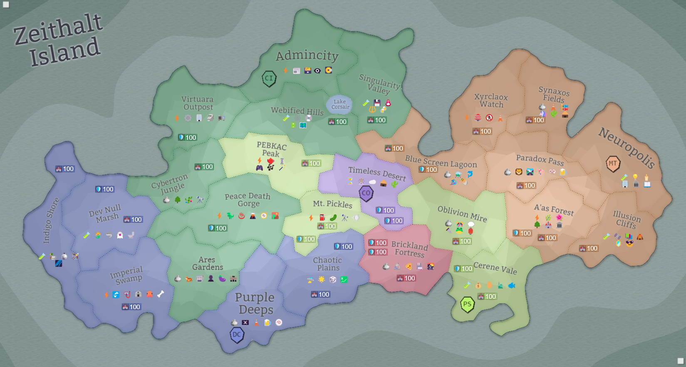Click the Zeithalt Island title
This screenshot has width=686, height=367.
tap(58, 40)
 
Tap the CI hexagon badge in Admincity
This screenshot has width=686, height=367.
tap(269, 78)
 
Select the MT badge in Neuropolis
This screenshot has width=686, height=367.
tap(613, 164)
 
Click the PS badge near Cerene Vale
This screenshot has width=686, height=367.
tap(467, 304)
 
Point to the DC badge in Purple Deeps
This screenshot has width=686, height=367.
tap(237, 335)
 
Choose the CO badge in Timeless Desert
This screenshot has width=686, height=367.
tap(366, 193)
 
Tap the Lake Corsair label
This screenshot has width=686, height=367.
tap(340, 104)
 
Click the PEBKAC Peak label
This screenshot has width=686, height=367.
tap(271, 149)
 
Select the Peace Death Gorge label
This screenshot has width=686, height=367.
tap(248, 200)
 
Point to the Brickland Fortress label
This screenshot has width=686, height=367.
tap(409, 249)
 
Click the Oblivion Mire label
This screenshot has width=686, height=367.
tap(462, 214)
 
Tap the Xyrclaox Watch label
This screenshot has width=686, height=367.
tap(491, 101)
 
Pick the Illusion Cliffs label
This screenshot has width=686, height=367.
tap(627, 219)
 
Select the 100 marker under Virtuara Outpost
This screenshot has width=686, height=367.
tap(187, 137)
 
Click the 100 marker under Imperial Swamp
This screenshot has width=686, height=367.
tap(131, 307)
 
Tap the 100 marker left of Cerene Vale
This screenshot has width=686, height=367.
tap(463, 268)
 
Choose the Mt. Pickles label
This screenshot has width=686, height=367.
tap(332, 204)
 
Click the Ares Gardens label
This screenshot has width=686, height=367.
tap(207, 263)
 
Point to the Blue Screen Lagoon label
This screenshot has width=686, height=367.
tap(441, 161)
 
